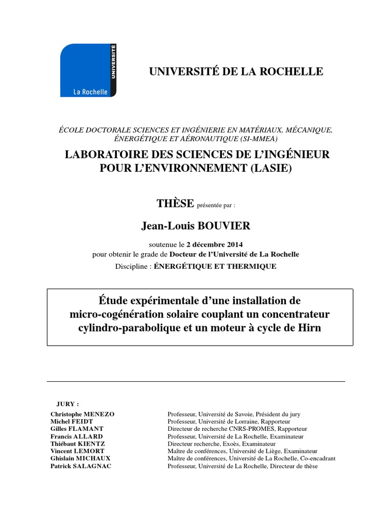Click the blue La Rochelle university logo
coord(88,70)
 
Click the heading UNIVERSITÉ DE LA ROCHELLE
coord(236,71)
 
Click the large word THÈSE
coord(175,204)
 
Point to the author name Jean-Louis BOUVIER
coord(197,226)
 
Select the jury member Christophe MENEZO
coord(83,414)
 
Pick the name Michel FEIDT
coord(72,422)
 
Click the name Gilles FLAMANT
coord(77,429)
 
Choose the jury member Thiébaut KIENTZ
coord(78,444)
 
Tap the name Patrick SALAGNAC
coord(80,466)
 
